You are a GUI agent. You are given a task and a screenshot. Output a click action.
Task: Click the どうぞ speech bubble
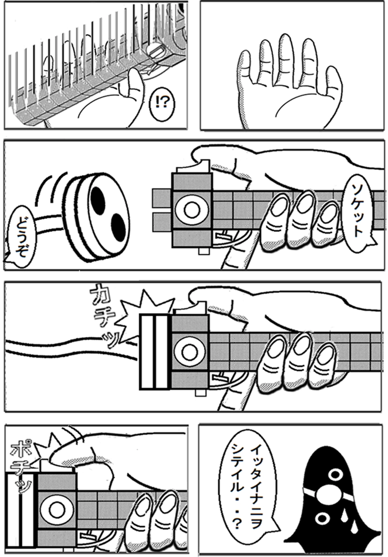click(x=22, y=235)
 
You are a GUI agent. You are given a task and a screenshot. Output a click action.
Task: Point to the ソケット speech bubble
click(x=357, y=209)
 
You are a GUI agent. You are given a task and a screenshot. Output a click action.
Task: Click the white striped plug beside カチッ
click(x=155, y=352)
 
